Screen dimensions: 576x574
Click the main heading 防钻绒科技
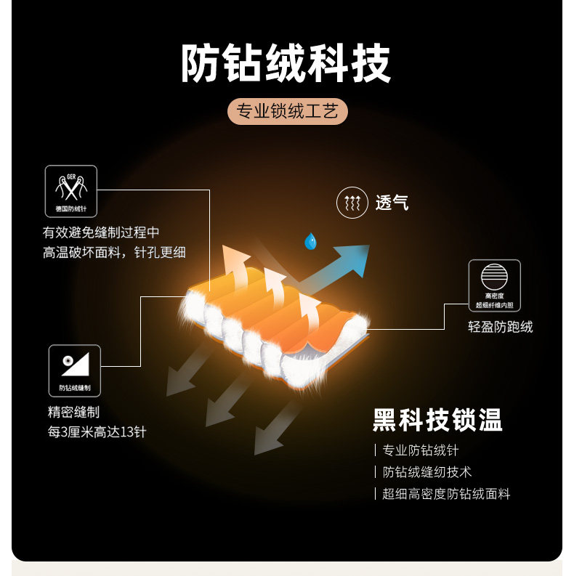click(x=286, y=64)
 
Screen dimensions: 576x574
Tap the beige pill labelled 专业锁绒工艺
click(x=287, y=112)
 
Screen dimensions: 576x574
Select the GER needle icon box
click(x=70, y=191)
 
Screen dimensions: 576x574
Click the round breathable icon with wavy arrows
click(x=352, y=203)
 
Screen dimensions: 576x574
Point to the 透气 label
click(x=392, y=203)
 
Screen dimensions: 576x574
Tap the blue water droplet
click(x=310, y=240)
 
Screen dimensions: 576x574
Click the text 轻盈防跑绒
click(x=500, y=327)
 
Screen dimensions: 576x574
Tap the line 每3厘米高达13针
click(x=97, y=431)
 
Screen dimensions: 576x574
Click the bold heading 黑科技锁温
click(x=437, y=420)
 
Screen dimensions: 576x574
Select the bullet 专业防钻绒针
click(x=421, y=450)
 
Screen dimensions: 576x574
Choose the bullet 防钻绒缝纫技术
click(x=427, y=472)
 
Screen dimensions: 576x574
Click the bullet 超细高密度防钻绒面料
click(x=446, y=494)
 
